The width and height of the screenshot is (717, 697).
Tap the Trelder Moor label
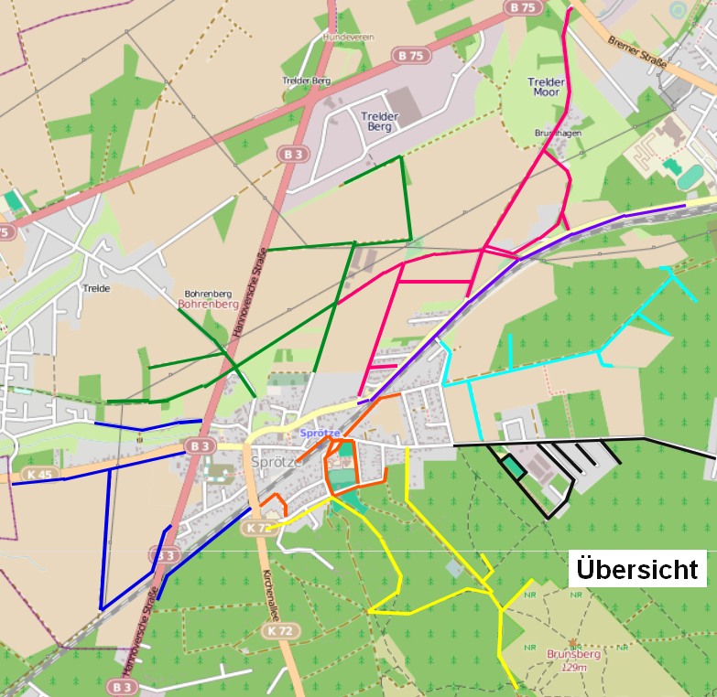click(x=547, y=87)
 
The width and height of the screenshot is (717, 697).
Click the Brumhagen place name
click(x=558, y=133)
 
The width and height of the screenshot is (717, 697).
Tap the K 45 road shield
click(x=38, y=474)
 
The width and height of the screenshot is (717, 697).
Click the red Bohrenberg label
click(x=208, y=303)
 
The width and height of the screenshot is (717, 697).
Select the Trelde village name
click(x=96, y=288)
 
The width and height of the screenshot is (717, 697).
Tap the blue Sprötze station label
click(x=320, y=432)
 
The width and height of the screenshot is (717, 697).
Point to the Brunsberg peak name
click(x=573, y=654)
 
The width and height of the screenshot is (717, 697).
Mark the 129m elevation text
click(x=573, y=667)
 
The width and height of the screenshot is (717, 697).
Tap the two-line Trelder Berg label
click(x=379, y=121)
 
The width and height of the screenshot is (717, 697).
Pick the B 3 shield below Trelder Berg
click(x=293, y=155)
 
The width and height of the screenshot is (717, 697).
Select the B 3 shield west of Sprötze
click(x=200, y=445)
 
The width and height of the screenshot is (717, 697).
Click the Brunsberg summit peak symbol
click(x=574, y=640)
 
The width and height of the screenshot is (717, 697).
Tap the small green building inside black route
click(x=513, y=467)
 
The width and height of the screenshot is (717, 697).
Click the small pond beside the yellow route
click(x=455, y=569)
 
